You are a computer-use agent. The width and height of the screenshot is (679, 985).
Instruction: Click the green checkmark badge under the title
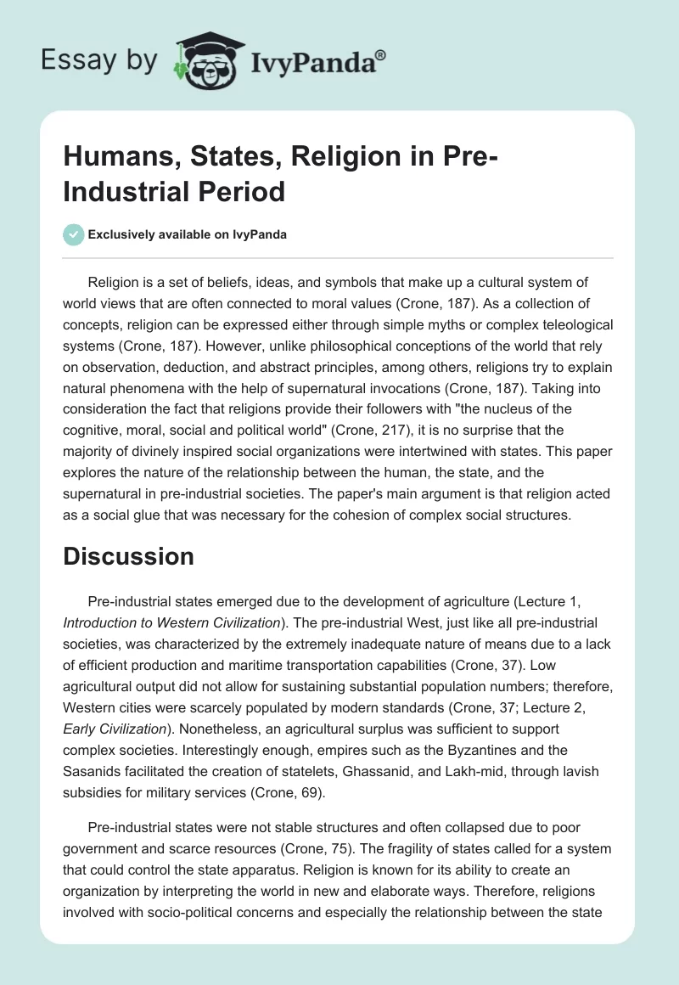click(73, 234)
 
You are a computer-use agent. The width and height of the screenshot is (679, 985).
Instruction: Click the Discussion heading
click(129, 556)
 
